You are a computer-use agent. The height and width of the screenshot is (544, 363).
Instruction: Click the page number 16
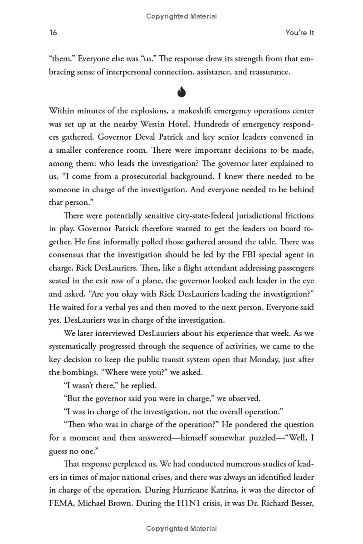53,33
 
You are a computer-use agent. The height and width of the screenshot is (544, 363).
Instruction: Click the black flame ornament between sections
181,92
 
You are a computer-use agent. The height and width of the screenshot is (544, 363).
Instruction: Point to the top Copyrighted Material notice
181,16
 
